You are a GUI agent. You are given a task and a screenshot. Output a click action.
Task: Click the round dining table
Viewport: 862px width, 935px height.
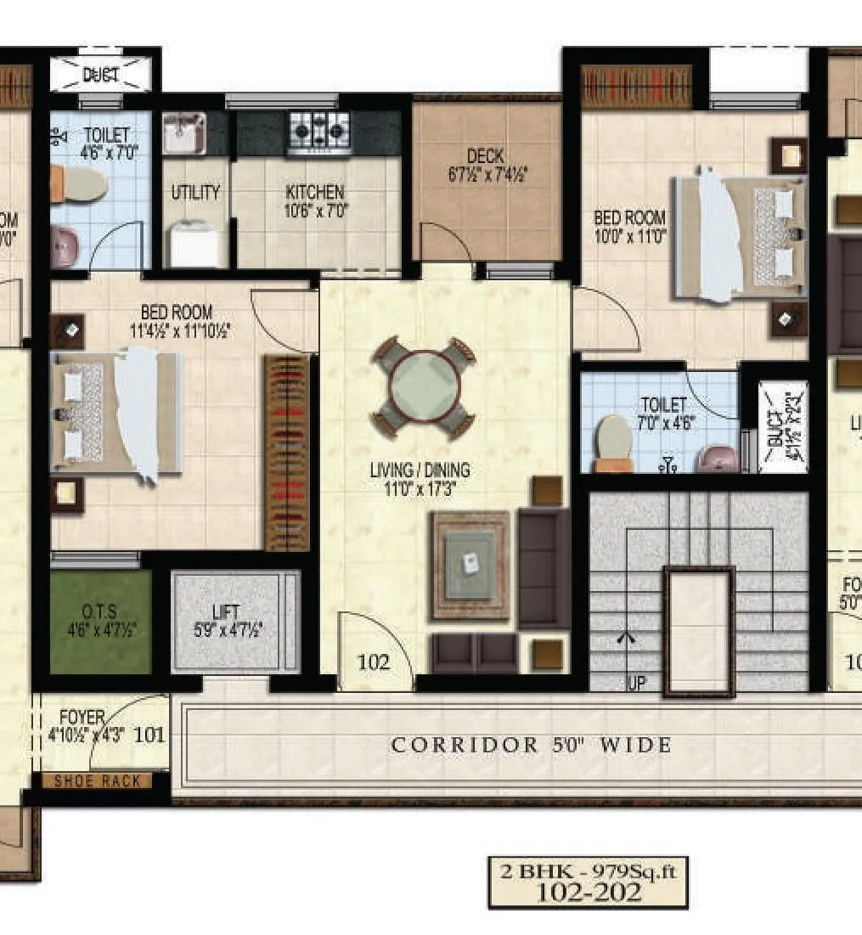tap(424, 387)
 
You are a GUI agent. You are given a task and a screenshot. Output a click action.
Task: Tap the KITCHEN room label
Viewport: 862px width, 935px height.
tap(315, 193)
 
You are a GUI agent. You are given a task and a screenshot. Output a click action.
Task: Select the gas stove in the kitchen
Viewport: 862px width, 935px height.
tap(320, 132)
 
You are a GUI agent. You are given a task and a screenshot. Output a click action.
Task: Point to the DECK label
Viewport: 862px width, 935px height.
tap(485, 156)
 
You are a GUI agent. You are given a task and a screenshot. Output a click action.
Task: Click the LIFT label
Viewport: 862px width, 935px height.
tap(226, 611)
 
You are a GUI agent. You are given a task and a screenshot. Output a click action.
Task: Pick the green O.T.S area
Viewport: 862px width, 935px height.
tap(100, 621)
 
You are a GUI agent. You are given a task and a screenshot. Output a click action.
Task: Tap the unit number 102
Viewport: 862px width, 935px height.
tap(373, 662)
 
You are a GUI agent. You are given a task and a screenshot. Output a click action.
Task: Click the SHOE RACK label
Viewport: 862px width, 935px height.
tap(97, 781)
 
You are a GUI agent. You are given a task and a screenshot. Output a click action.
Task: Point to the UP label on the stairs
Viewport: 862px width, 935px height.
tap(636, 683)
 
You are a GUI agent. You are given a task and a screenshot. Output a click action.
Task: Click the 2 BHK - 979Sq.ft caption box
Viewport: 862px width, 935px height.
tap(588, 881)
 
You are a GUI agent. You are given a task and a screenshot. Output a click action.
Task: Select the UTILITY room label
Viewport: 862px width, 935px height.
tap(195, 192)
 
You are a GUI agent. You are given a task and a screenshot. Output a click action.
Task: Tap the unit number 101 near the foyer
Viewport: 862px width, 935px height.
tap(149, 734)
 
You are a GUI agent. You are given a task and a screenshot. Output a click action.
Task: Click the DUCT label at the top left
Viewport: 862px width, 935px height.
tap(100, 75)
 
